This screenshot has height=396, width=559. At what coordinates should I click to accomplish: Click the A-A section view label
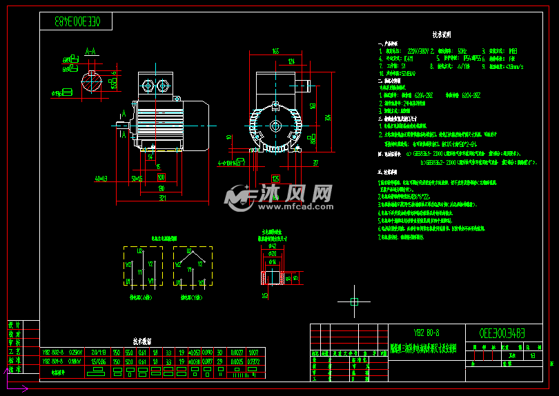(90, 52)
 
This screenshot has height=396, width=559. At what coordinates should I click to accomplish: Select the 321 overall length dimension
(161, 199)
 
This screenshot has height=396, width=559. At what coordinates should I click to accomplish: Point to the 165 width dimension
(275, 51)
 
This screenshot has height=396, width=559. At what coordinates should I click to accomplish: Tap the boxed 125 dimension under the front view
(275, 178)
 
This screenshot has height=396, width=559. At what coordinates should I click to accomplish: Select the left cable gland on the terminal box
(147, 86)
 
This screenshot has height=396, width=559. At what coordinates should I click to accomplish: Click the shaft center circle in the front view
(275, 126)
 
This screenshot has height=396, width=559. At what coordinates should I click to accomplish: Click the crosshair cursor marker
(354, 301)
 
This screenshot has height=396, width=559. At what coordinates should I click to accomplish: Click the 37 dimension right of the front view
(315, 163)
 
